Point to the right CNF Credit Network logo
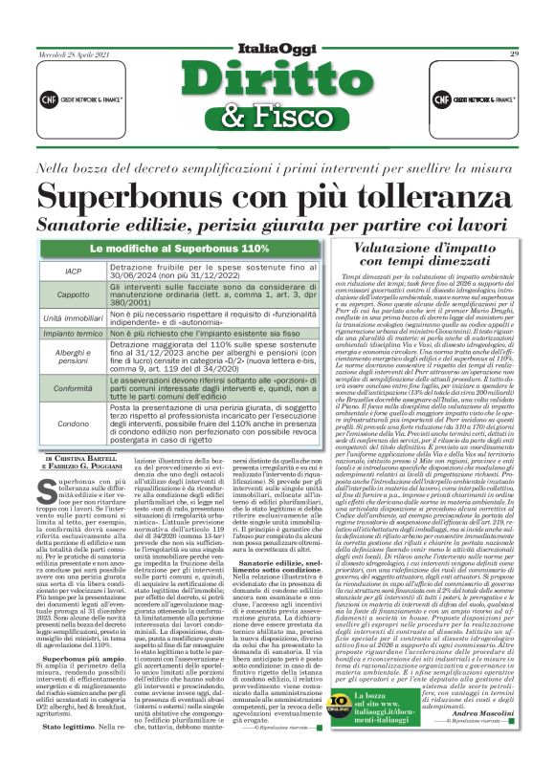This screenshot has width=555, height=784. [x=481, y=98]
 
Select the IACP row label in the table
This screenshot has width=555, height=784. [x=73, y=272]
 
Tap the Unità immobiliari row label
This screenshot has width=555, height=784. [x=73, y=316]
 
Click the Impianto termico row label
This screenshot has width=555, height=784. [x=73, y=335]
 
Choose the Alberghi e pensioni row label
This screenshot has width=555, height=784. [x=73, y=357]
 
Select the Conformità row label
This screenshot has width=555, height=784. [x=73, y=389]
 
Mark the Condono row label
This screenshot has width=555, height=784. [x=73, y=423]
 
